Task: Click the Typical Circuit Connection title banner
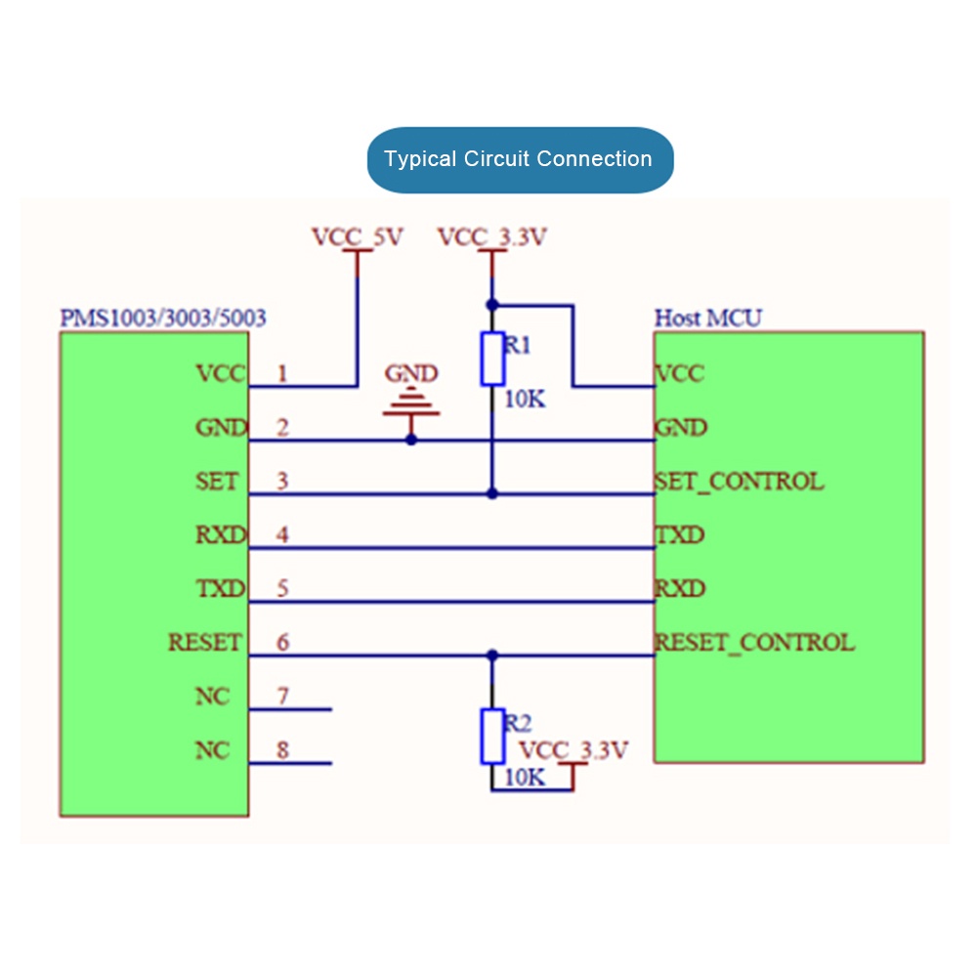coord(520,159)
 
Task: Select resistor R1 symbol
coord(492,359)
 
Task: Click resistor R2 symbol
coord(492,737)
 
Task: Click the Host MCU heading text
coord(708,318)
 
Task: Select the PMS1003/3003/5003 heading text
coord(163,318)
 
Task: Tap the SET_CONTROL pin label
coord(739,482)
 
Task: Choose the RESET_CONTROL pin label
coord(754,643)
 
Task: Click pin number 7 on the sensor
coord(283,697)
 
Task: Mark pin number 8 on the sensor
coord(283,750)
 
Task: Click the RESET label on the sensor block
coord(204,643)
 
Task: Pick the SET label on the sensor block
coord(217,482)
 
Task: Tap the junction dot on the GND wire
coord(411,440)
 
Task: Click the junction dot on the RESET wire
coord(492,656)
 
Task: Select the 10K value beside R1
coord(525,400)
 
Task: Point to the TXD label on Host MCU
coord(680,535)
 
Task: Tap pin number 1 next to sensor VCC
coord(283,373)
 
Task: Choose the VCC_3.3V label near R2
coord(573,750)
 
